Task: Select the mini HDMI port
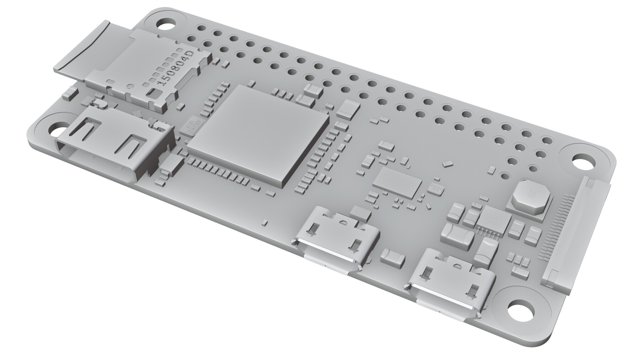[114, 146]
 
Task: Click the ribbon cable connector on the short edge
[576, 238]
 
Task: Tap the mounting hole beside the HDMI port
[55, 127]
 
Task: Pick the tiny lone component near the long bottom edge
[264, 222]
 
